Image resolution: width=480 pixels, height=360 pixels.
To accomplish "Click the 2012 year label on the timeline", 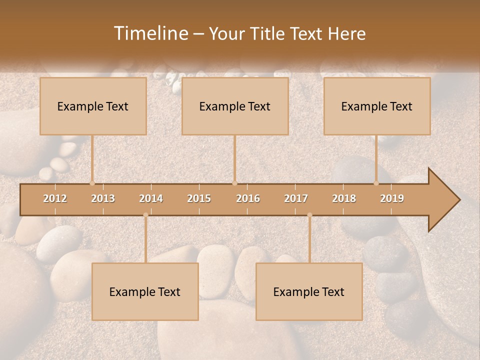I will pos(55,198).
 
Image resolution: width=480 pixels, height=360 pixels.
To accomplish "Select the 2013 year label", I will pos(103,198).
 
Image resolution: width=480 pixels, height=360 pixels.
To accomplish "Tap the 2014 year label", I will pos(151,198).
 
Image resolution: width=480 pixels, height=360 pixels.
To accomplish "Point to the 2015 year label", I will pos(199,198).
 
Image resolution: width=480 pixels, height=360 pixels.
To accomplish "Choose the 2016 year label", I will pos(248,198).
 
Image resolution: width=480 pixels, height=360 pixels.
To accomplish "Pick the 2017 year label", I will pos(296,198).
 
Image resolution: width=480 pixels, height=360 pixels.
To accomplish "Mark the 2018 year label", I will pos(344,198).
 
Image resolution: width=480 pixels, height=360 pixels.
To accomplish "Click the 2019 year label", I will pos(392,198).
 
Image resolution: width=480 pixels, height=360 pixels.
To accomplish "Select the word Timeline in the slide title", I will pos(150,33).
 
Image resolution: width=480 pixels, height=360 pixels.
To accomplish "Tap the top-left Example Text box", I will pos(93,106).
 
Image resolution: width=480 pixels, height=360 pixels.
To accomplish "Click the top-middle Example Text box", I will pos(235,106).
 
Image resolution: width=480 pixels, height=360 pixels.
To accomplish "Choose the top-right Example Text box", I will pos(377,106).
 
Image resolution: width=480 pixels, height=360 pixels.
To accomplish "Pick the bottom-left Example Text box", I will pos(145,291).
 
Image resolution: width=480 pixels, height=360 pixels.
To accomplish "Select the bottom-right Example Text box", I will pos(309,291).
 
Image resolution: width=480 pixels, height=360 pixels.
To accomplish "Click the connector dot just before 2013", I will pos(92,183).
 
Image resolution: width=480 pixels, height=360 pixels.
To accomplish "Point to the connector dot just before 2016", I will pos(234,183).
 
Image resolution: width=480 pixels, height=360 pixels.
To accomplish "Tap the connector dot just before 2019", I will pos(376,183).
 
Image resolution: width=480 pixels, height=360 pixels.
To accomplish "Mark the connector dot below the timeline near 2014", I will pos(145,215).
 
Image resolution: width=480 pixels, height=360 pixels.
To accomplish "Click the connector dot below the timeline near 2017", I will pos(309,215).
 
